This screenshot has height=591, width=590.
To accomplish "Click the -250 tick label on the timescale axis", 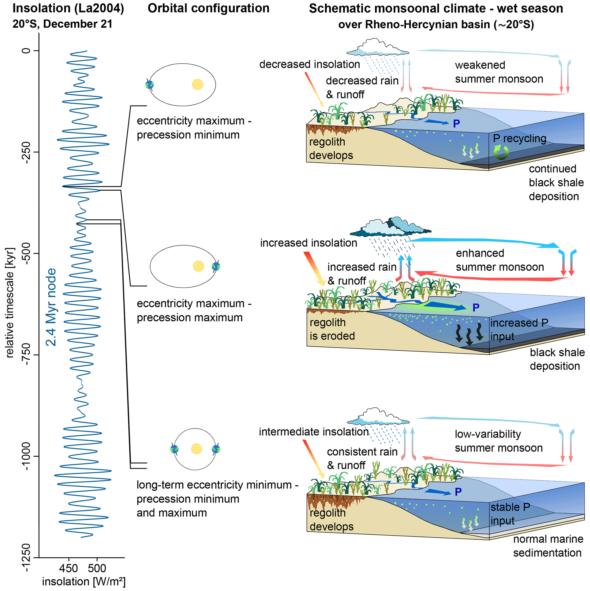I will tap(27, 152).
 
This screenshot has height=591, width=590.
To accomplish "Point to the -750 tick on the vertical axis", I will tap(27, 355).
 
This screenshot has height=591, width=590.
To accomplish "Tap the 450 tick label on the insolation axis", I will tap(68, 568).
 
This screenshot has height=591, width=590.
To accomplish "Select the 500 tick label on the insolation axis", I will tap(97, 568).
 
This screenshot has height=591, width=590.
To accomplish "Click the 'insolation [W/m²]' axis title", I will tap(84, 582).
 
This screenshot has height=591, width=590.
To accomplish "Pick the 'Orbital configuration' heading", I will tap(208, 9).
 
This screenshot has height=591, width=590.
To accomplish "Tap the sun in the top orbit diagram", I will tap(197, 84).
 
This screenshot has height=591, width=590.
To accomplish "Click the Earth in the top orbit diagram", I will tap(150, 84).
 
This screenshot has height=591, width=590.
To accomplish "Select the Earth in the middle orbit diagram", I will tap(216, 267).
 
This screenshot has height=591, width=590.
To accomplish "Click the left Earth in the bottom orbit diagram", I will tap(174, 449).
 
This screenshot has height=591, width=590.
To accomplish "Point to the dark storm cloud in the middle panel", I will tap(392, 228).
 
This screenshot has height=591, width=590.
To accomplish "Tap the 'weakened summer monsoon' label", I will tap(499, 72).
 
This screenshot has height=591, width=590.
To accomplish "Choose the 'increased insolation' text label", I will tap(309, 243).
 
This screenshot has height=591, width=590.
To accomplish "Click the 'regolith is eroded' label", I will tap(332, 329).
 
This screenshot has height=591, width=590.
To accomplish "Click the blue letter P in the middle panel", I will tap(476, 308).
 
